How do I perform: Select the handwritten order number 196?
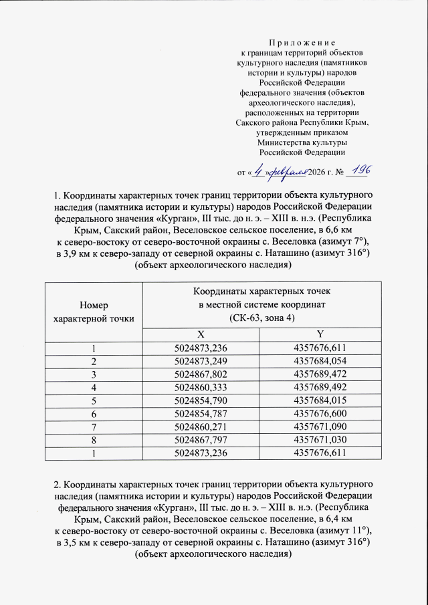coord(359,170)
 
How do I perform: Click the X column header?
coord(201,334)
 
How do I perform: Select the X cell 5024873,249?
coord(201,360)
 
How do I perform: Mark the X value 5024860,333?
coord(201,387)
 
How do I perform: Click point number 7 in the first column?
coord(94,427)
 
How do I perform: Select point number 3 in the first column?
coord(94,374)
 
